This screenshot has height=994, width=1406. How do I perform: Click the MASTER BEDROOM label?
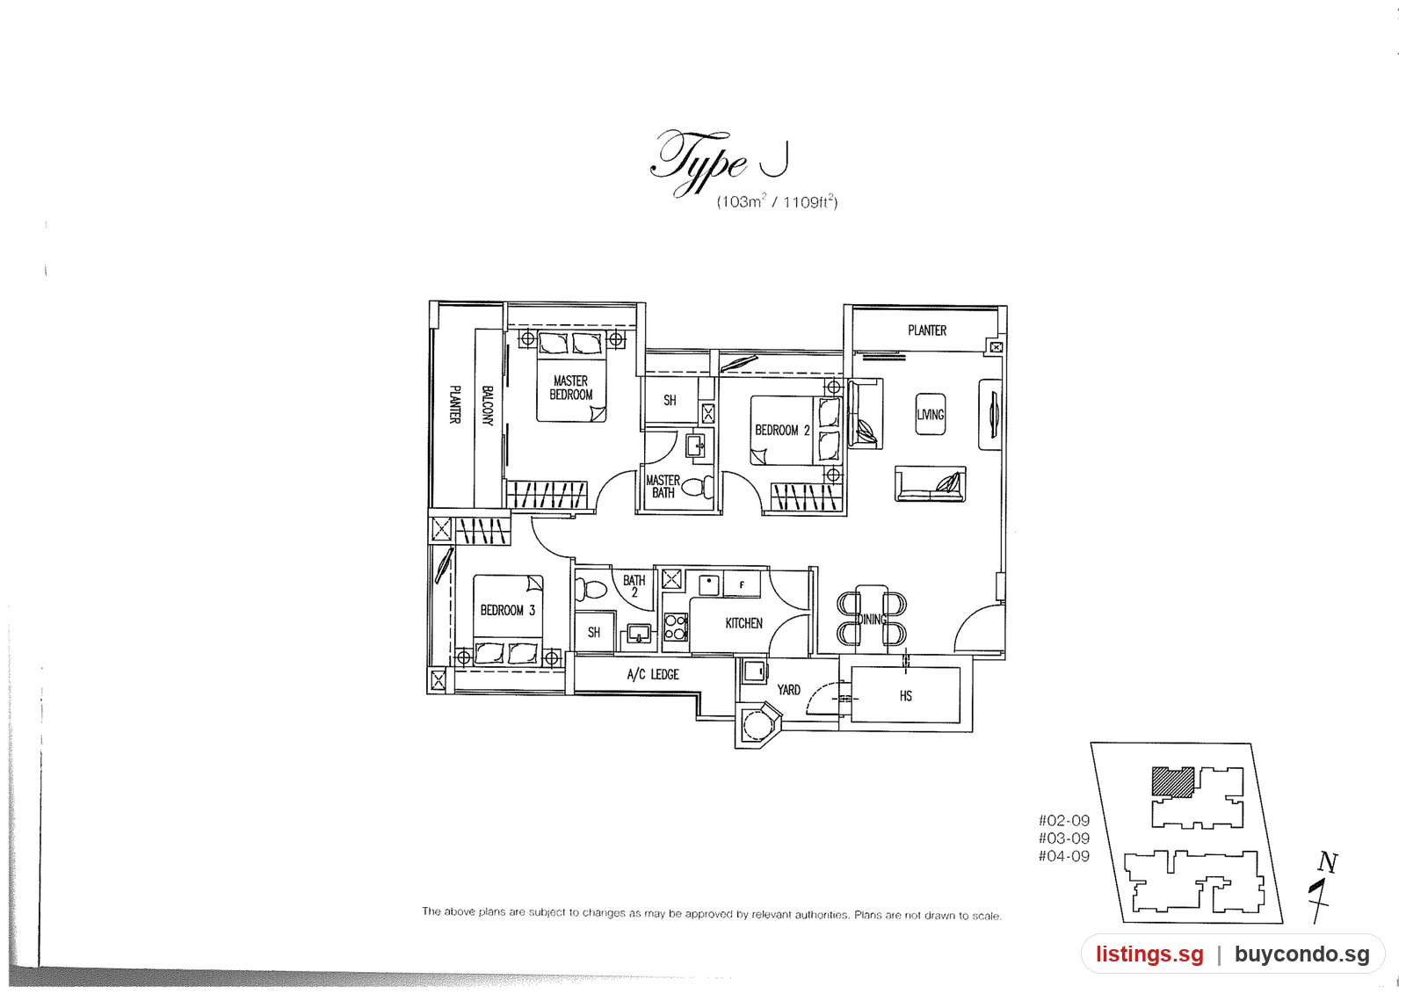pos(571,388)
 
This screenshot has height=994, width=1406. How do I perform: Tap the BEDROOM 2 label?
pos(782,431)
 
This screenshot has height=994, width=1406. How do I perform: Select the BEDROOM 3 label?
pos(508,610)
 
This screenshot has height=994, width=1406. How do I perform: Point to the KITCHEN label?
pos(743,623)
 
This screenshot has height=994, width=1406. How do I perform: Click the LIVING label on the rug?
pos(931,415)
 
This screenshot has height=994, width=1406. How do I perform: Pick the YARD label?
pos(789,690)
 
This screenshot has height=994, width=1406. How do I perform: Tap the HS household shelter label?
pos(906,696)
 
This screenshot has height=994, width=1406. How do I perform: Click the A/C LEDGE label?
pos(653,674)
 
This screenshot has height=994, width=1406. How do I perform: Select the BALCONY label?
pos(488,406)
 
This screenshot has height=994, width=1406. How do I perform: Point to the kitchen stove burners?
pos(676,627)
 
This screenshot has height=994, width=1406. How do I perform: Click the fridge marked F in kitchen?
pos(742,584)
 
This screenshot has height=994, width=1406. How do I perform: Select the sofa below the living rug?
pos(931,483)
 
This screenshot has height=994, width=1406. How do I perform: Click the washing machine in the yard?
pos(753,671)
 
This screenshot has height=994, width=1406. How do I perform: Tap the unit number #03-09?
pos(1064,838)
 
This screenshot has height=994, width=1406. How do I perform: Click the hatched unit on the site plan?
pos(1173,782)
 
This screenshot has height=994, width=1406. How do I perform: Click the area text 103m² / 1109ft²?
pos(777,201)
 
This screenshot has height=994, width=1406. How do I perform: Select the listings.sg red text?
pos(1150,954)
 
